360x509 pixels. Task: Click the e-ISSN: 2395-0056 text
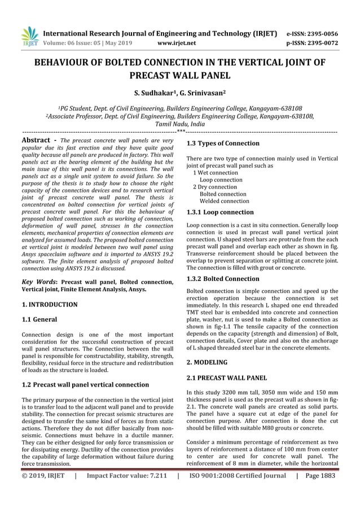click(312, 33)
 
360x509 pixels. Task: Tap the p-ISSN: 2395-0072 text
click(312, 42)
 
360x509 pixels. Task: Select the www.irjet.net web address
click(177, 42)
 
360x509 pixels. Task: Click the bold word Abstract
click(37, 139)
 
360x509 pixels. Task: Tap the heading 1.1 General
click(39, 320)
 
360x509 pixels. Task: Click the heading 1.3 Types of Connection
click(223, 143)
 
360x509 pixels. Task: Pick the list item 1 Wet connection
click(216, 173)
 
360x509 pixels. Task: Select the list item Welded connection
click(225, 201)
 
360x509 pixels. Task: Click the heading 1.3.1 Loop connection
click(220, 213)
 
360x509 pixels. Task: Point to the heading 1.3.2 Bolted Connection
click(223, 279)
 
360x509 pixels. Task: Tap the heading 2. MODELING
click(207, 362)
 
